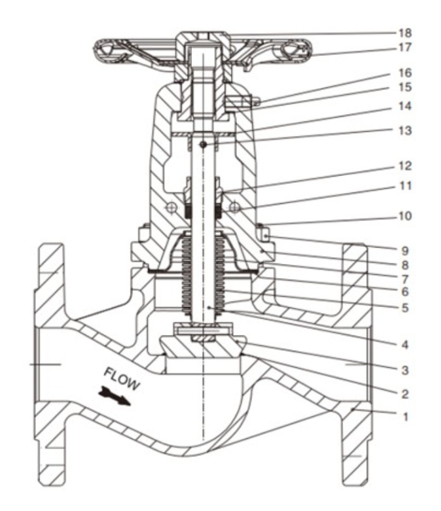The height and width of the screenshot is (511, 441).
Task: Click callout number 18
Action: (405, 33)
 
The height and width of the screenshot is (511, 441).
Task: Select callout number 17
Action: (405, 47)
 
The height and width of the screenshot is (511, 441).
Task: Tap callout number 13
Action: (405, 130)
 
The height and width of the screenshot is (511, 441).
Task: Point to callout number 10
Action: (405, 216)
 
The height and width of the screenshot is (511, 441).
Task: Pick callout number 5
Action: (405, 308)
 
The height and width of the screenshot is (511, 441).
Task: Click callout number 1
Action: (406, 417)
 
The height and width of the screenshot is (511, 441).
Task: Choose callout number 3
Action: (405, 370)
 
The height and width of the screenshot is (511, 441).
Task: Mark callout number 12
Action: (405, 166)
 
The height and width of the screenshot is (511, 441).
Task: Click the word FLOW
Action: (122, 380)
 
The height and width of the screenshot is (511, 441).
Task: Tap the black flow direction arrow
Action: (114, 396)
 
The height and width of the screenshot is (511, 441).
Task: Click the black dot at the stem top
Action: (203, 145)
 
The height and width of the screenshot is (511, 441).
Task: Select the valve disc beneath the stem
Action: (203, 346)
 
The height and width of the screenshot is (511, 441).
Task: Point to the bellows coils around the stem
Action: (203, 274)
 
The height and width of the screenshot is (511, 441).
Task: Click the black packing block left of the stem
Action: (188, 211)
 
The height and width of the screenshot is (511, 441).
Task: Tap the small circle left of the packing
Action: (172, 207)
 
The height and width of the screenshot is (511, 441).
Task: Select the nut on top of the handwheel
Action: (203, 39)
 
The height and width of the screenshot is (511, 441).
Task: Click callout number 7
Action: (405, 279)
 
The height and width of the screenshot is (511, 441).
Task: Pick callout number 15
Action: (405, 87)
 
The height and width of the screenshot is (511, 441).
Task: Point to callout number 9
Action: (405, 251)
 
